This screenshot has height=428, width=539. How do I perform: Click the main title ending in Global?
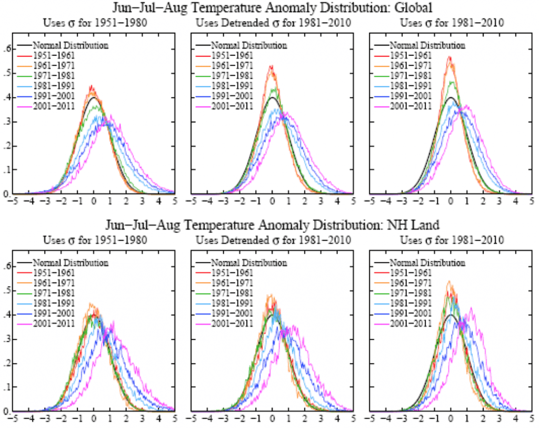(272, 8)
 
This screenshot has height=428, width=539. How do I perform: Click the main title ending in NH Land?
(272, 225)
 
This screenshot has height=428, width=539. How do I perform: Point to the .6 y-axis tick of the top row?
(7, 49)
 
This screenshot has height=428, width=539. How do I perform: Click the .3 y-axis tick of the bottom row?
(7, 339)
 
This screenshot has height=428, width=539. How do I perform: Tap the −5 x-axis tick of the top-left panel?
(12, 201)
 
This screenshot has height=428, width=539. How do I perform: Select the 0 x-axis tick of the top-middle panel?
(272, 201)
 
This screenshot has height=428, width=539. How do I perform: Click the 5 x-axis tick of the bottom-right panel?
(532, 418)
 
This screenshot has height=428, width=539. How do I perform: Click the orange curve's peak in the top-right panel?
(450, 57)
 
